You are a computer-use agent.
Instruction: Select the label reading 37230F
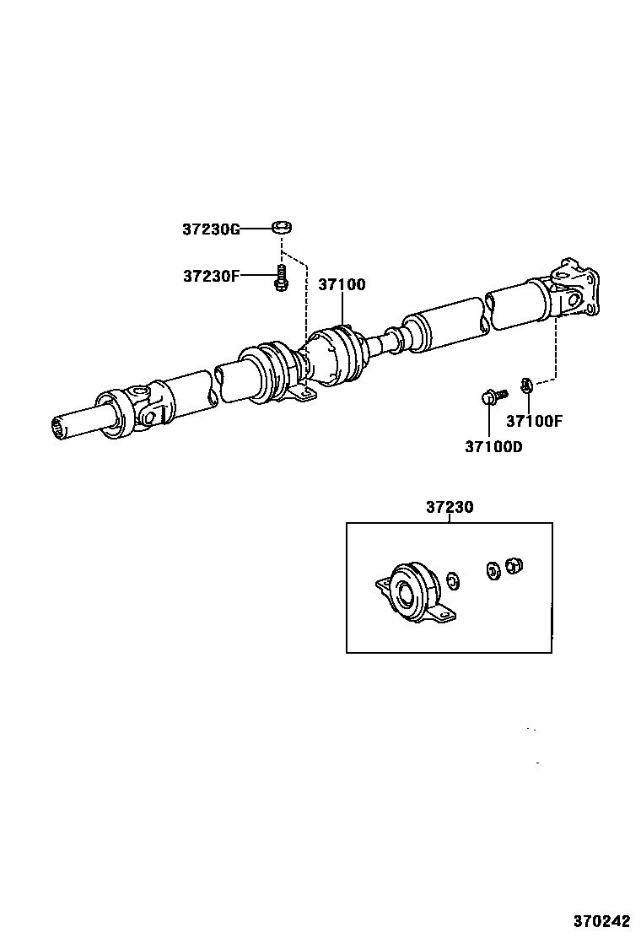[x=211, y=276]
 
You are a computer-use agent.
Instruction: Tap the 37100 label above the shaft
[x=342, y=284]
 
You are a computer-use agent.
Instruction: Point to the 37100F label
[x=533, y=421]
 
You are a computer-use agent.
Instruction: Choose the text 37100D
[x=493, y=446]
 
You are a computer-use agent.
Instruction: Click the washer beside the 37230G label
[x=282, y=226]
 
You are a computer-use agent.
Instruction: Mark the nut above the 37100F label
[x=525, y=385]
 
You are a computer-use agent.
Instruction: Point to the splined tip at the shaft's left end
[x=60, y=429]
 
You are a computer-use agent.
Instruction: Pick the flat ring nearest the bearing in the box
[x=452, y=580]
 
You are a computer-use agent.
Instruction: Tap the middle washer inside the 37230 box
[x=491, y=570]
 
